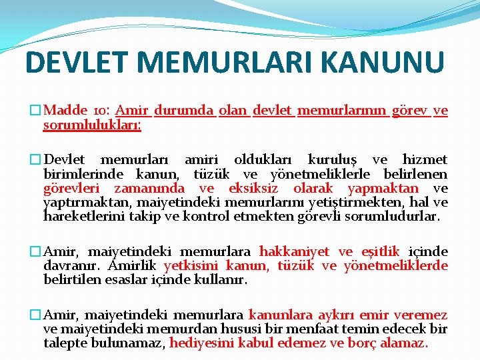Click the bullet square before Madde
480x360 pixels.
click(x=35, y=111)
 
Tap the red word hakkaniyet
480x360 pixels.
click(x=294, y=252)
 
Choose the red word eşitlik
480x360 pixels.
click(x=380, y=252)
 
